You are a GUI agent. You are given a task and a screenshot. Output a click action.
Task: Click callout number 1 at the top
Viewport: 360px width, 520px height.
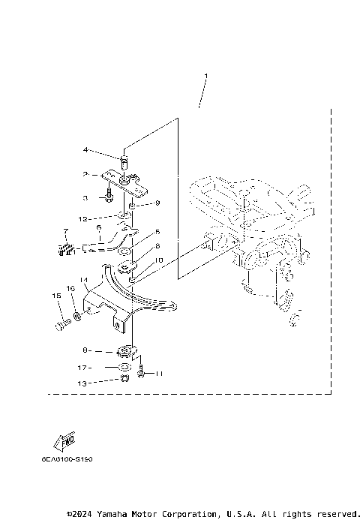click(x=205, y=76)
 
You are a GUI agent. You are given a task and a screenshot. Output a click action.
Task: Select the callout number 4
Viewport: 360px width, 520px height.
click(x=86, y=150)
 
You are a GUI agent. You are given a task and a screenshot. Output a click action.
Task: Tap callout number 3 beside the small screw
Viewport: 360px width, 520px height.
click(x=86, y=198)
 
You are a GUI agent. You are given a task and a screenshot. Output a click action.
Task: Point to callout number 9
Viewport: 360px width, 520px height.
click(x=158, y=203)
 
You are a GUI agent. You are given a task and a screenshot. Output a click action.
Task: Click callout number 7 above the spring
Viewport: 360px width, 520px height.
click(x=65, y=231)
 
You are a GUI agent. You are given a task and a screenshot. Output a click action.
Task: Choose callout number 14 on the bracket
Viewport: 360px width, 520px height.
click(x=85, y=280)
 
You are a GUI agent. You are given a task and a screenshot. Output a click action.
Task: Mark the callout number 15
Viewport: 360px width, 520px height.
click(x=55, y=296)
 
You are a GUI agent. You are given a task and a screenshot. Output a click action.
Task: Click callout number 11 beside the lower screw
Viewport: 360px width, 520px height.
click(x=158, y=373)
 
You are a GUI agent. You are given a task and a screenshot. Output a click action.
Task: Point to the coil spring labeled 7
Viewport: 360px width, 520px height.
click(x=67, y=249)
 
